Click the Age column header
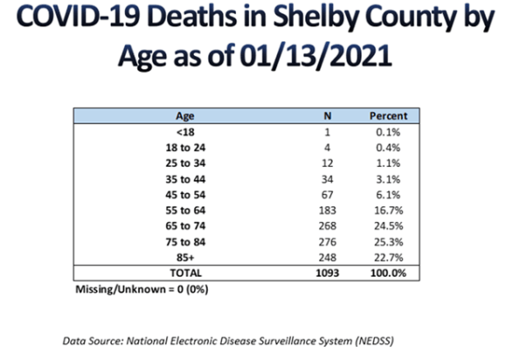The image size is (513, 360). point(185,116)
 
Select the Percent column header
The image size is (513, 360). point(388,115)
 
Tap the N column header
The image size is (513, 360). point(327,115)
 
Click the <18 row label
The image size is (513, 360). point(185,132)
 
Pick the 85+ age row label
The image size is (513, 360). point(185,257)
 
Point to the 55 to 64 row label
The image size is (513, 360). point(185,211)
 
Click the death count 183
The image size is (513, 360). point(327,211)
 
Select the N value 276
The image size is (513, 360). point(327,242)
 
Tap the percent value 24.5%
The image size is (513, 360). point(388,226)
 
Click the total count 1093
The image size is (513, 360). point(327,273)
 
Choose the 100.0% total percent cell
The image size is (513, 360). point(388,273)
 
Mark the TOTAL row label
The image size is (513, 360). point(185,273)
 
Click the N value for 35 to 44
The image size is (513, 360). point(327,179)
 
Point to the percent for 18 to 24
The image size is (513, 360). point(388,148)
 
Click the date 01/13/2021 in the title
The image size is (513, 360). point(315,56)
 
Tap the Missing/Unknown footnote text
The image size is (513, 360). point(142,289)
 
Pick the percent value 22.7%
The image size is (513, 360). point(388,257)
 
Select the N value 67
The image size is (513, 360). point(327,195)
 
